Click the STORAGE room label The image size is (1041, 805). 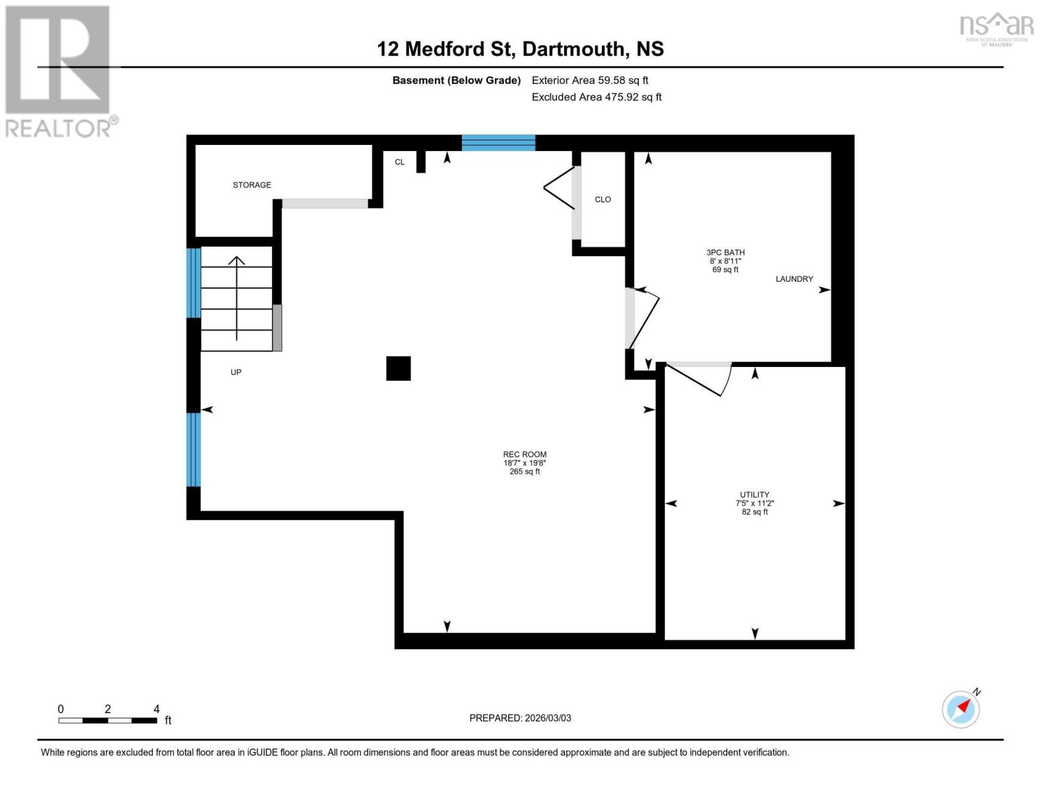tap(252, 185)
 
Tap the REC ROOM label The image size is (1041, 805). tap(525, 455)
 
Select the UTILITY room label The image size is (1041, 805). tap(754, 495)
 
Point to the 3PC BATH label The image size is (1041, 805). tap(725, 253)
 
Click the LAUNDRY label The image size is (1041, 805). tap(794, 279)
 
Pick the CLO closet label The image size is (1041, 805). tap(603, 199)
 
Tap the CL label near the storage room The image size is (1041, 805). tap(400, 162)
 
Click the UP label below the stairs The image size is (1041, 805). tap(236, 372)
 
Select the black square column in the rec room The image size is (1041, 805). tap(398, 368)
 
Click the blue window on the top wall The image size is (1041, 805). tap(498, 142)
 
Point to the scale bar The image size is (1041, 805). tap(107, 720)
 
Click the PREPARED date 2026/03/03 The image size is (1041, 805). tap(520, 718)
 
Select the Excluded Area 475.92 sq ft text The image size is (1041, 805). tap(596, 97)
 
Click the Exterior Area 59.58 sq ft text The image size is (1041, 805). tap(590, 80)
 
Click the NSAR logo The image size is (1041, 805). tap(997, 28)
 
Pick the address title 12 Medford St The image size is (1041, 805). tap(520, 49)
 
